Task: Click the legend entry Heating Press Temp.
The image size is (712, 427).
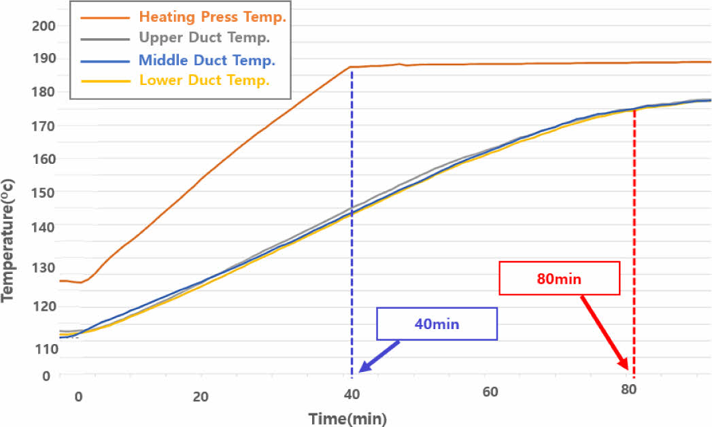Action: (x=212, y=17)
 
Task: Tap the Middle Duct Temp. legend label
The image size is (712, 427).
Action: (x=206, y=60)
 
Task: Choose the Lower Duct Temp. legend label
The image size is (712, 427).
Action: (x=205, y=80)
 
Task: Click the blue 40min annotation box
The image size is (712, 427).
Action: (x=437, y=324)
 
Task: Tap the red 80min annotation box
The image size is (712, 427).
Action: (x=560, y=278)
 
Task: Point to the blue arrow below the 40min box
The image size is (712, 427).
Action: (x=379, y=355)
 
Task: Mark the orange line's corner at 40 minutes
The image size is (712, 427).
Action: (x=350, y=67)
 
